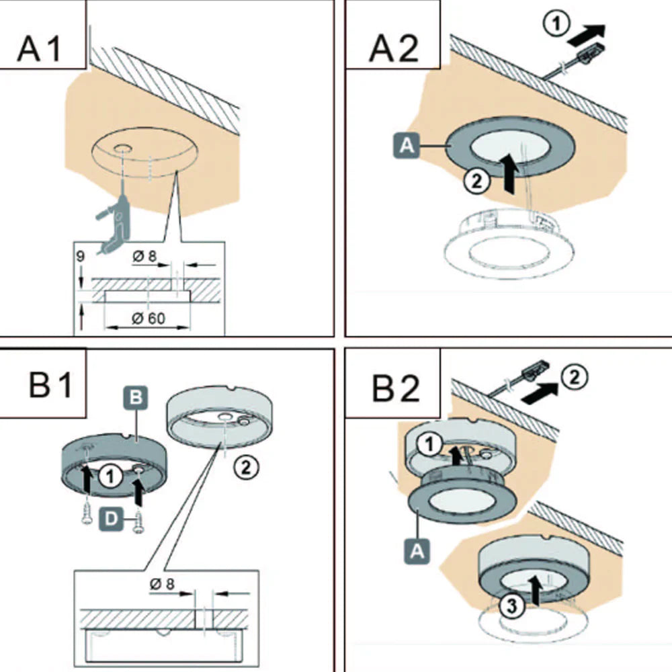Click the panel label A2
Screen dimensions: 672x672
click(x=393, y=48)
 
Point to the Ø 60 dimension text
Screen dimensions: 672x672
click(x=149, y=318)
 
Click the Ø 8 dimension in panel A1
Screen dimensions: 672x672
click(x=145, y=256)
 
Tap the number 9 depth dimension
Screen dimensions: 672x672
click(x=80, y=256)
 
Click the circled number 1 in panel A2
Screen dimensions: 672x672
click(x=556, y=23)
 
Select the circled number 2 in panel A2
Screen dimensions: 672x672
click(x=476, y=181)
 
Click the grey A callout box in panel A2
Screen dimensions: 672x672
click(x=407, y=146)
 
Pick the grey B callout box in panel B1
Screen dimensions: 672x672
click(x=136, y=397)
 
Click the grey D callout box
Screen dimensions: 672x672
click(x=111, y=519)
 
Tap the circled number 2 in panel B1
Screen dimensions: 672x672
click(x=246, y=466)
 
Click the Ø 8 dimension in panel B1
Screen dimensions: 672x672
click(x=163, y=584)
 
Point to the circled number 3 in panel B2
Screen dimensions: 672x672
click(x=512, y=605)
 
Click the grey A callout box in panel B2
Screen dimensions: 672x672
click(x=417, y=551)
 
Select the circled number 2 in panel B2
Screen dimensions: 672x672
click(x=575, y=377)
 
